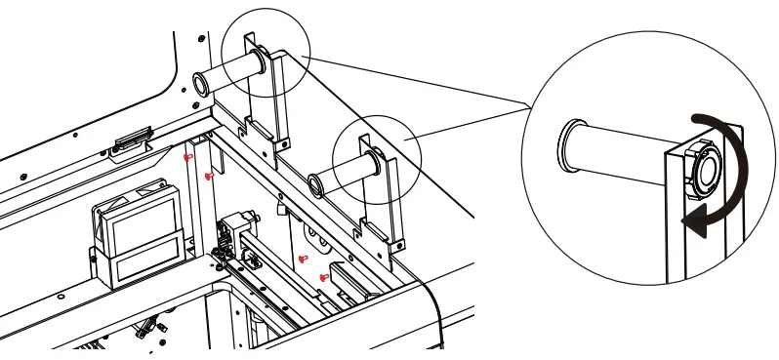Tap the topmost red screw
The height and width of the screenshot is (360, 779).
tap(188, 155)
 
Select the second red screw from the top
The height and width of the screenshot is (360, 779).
tap(209, 176)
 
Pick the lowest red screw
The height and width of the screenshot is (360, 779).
tap(324, 278)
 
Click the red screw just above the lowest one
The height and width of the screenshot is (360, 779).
tap(304, 259)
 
